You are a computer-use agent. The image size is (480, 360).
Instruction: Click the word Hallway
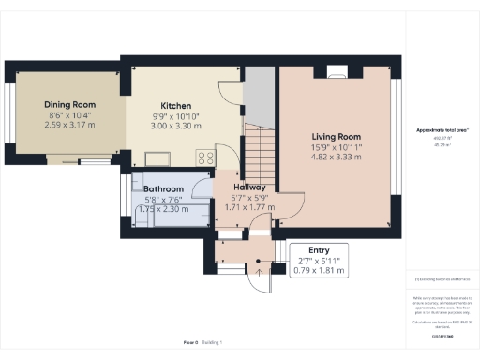[x=249, y=187]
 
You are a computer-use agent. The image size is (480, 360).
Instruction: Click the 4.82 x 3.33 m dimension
[x=336, y=157]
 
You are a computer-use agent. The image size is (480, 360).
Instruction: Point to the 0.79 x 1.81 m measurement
[x=321, y=271]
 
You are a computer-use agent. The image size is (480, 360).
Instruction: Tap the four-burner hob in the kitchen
[x=203, y=157]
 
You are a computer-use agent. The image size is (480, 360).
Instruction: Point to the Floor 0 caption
[x=190, y=343]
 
